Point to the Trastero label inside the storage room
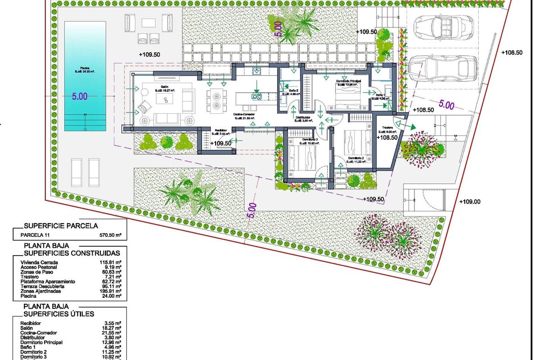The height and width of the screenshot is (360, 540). coord(387,128)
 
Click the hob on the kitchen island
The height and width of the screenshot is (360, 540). coord(256,95)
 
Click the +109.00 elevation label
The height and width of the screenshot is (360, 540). coord(470,202)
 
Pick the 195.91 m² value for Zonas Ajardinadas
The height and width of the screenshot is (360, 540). coord(111,291)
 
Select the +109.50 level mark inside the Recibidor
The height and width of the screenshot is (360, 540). coord(220,143)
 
